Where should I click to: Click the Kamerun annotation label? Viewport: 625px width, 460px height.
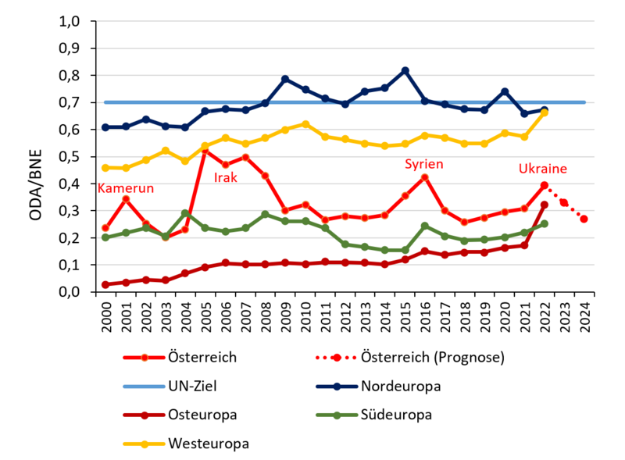tap(125, 188)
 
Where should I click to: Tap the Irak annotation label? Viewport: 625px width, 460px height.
tap(226, 178)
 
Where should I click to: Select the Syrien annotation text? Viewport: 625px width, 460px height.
tap(423, 164)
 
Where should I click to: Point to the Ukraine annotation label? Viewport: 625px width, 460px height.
tap(542, 169)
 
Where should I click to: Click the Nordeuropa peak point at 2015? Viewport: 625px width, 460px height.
tap(405, 70)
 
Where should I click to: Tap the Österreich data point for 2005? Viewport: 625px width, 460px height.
tap(205, 148)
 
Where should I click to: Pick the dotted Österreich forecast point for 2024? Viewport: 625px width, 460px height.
tap(584, 219)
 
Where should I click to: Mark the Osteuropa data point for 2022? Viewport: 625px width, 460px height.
tap(545, 205)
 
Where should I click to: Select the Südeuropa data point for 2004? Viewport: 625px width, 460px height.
tap(185, 212)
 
